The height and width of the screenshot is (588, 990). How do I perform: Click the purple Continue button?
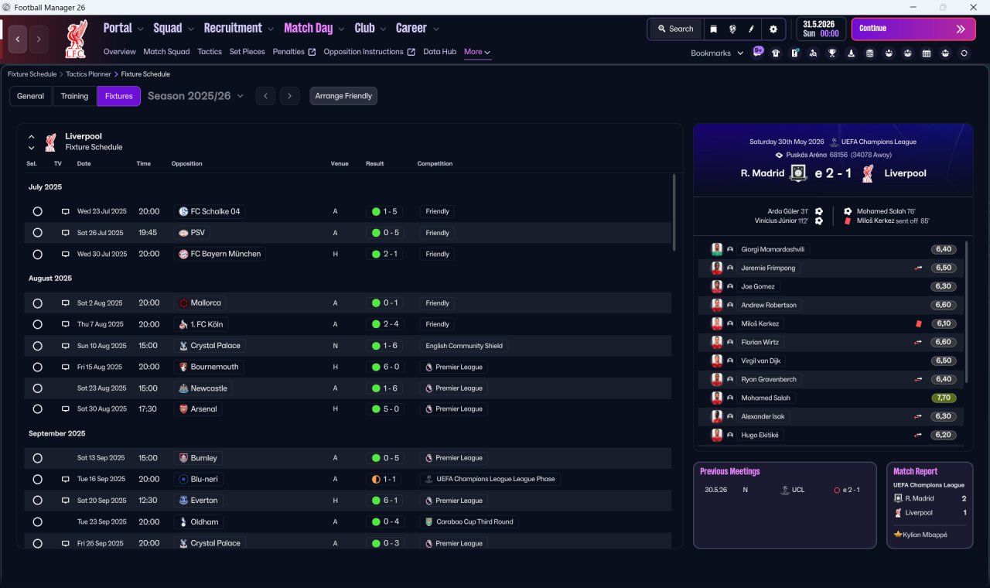(x=913, y=29)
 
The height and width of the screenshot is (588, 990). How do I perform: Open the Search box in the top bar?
(x=676, y=29)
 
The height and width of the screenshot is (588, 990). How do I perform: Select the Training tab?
(x=74, y=96)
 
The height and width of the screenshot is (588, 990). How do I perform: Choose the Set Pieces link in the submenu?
(x=247, y=52)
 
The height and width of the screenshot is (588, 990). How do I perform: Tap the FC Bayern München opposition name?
(x=225, y=254)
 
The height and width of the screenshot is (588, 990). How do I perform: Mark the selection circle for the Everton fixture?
(x=38, y=501)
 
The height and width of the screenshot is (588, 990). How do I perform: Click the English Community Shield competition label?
(x=464, y=346)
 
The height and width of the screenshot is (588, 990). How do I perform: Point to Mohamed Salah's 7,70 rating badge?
(x=943, y=398)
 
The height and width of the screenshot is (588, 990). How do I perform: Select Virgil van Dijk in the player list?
(x=760, y=361)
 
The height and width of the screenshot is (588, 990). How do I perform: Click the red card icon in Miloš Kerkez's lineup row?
(x=918, y=323)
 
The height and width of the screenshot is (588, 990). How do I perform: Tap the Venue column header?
(x=340, y=163)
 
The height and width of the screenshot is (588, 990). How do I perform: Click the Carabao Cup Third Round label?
(x=475, y=521)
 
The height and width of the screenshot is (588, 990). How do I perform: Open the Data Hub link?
(x=440, y=52)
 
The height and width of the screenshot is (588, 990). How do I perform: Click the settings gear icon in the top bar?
(x=773, y=29)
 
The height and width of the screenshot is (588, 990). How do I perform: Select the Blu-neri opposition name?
(x=204, y=479)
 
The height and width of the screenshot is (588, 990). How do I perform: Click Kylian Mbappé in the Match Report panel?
(x=925, y=535)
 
